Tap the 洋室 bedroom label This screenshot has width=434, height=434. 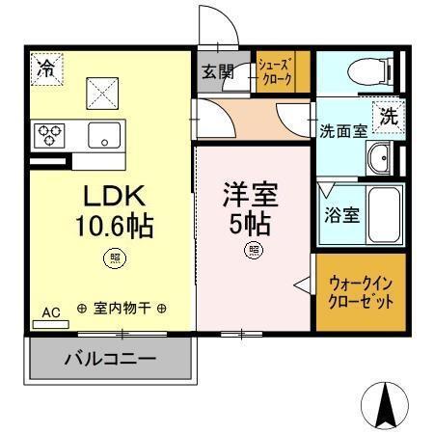pyautogui.click(x=250, y=196)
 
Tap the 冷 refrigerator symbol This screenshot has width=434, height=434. pyautogui.click(x=45, y=69)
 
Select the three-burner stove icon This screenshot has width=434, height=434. pyautogui.click(x=50, y=134)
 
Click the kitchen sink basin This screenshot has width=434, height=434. pyautogui.click(x=103, y=134)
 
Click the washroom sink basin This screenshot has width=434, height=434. pyautogui.click(x=383, y=157)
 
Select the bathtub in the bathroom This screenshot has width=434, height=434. pyautogui.click(x=385, y=217)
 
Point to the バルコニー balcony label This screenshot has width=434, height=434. pyautogui.click(x=110, y=360)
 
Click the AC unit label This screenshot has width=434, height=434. pyautogui.click(x=52, y=312)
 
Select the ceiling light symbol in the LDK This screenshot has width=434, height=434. pyautogui.click(x=115, y=258)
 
